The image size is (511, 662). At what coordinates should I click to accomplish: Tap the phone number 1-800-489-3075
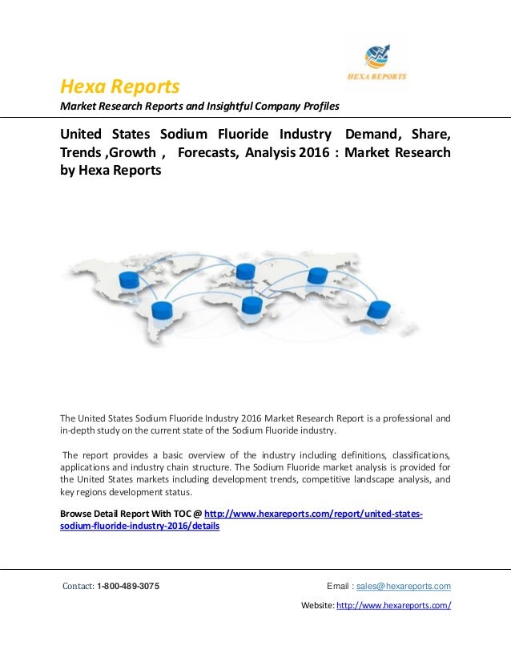pyautogui.click(x=127, y=586)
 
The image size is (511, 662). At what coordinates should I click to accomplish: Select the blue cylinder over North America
pyautogui.click(x=128, y=279)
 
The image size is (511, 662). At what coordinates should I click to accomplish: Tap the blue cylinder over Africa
pyautogui.click(x=251, y=305)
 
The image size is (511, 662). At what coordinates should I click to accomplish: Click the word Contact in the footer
pyautogui.click(x=78, y=586)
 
